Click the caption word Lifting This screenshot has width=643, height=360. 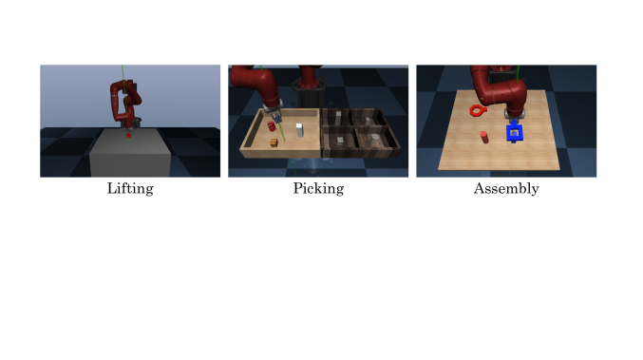point(130,189)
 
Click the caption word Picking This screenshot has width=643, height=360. point(318,189)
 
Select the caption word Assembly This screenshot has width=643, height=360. point(506,189)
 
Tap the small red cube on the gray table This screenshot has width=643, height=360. point(128,135)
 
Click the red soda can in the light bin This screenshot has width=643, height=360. point(271,126)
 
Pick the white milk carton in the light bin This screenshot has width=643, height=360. point(299,130)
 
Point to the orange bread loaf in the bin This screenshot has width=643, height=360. point(274,142)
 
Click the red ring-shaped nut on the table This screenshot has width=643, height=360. point(478,110)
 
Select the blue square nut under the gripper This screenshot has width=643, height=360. point(514,133)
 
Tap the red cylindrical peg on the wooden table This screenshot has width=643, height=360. point(484,137)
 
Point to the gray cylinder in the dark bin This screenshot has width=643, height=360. point(373,141)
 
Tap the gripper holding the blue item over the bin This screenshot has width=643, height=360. point(276,117)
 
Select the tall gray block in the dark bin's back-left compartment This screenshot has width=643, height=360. point(338,117)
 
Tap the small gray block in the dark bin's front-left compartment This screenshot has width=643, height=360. point(340,141)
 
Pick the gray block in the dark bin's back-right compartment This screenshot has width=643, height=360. point(367,121)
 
